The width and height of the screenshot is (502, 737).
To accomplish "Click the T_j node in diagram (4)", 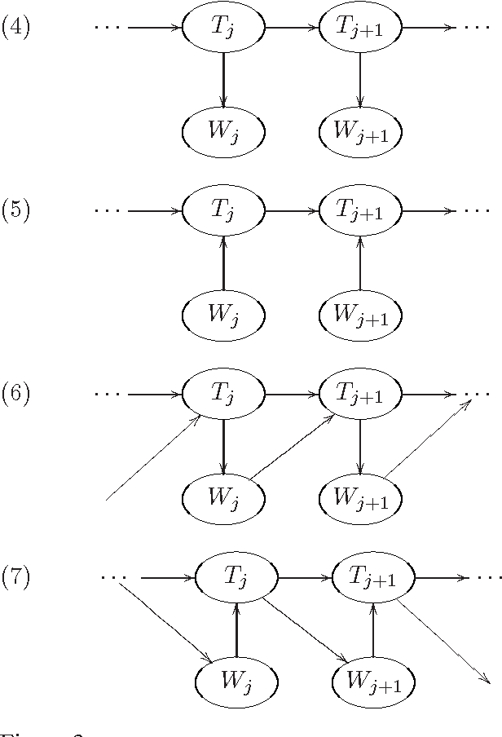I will pyautogui.click(x=223, y=28).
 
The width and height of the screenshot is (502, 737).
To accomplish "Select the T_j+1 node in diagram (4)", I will pyautogui.click(x=359, y=28).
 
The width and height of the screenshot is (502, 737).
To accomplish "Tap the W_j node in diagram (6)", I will pyautogui.click(x=223, y=496).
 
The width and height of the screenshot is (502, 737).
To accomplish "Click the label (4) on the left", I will pyautogui.click(x=15, y=28).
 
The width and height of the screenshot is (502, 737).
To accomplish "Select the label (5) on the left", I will pyautogui.click(x=15, y=211).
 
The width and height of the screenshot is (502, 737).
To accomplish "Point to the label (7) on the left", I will pyautogui.click(x=15, y=578).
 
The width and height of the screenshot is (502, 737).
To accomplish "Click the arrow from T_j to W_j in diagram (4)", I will pyautogui.click(x=223, y=78).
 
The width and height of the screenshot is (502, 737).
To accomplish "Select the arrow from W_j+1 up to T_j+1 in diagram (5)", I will pyautogui.click(x=359, y=262).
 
